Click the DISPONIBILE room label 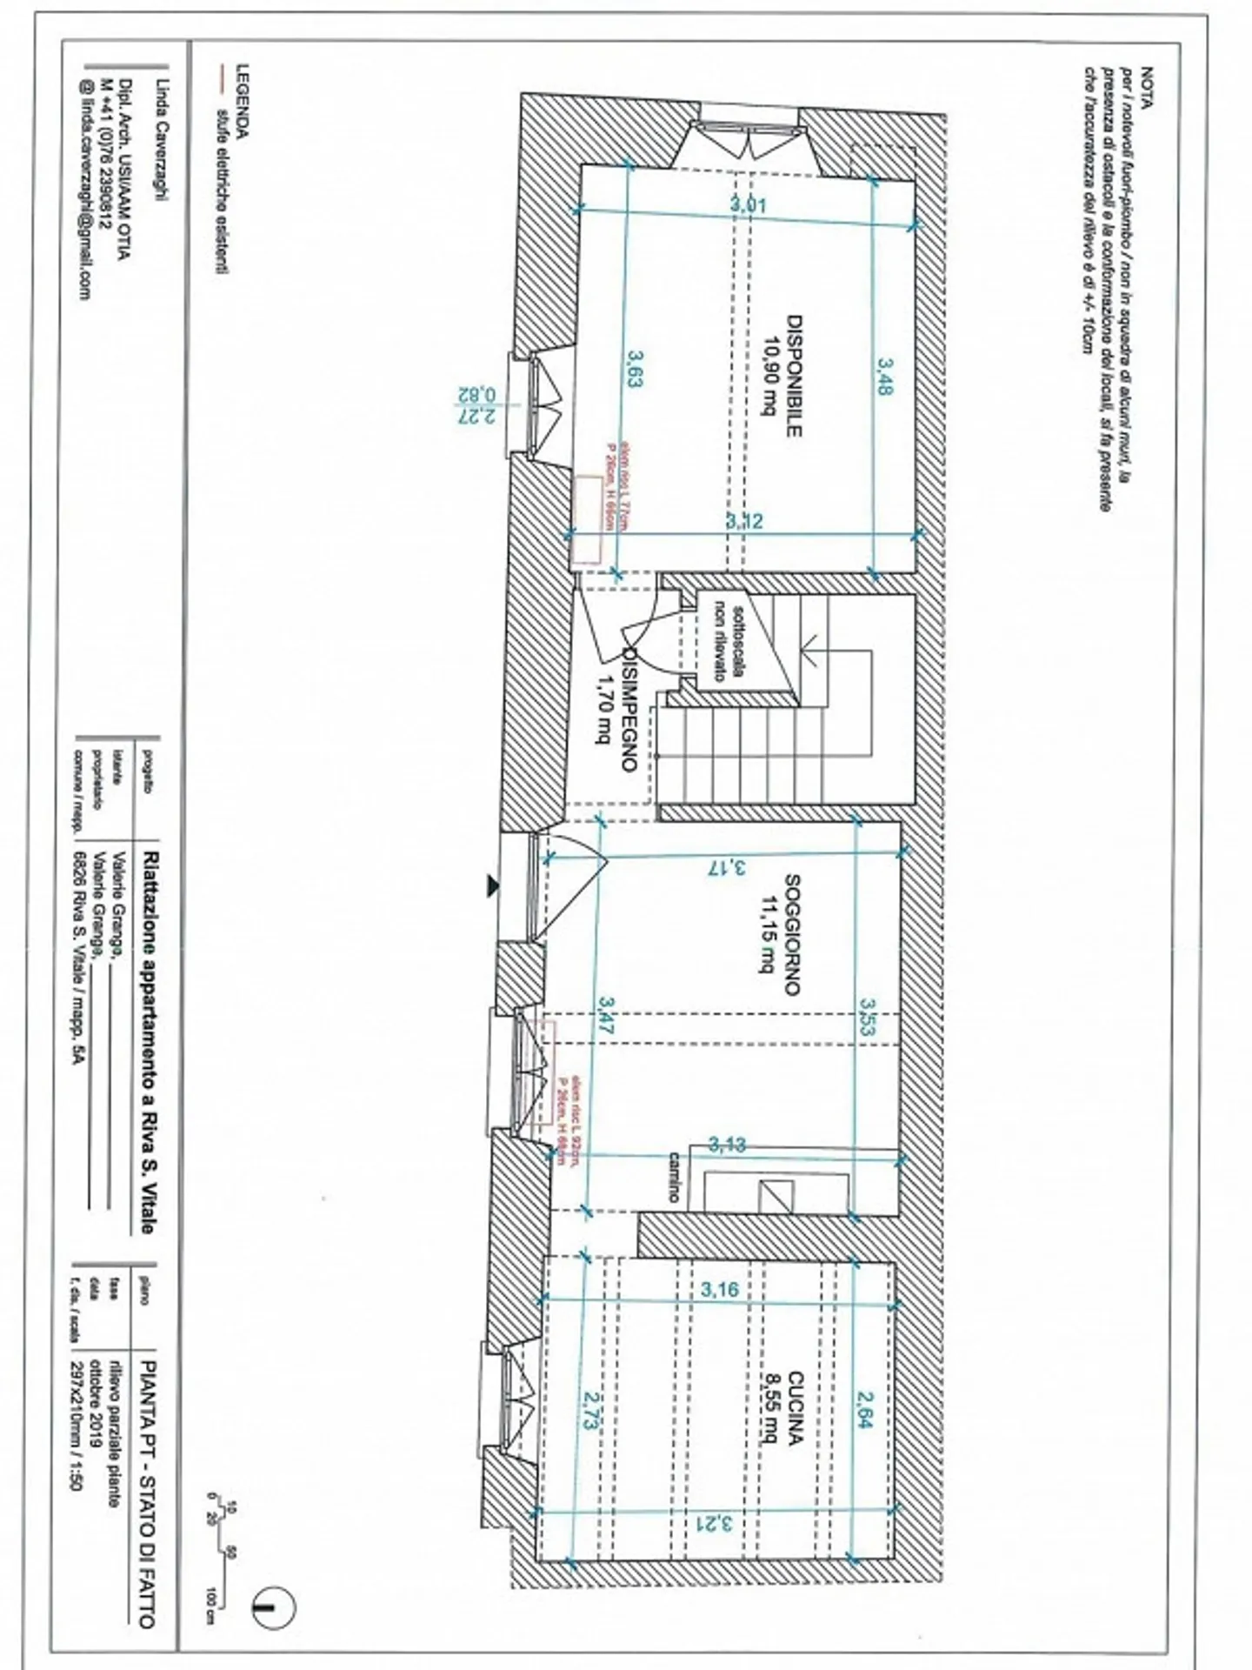tap(793, 375)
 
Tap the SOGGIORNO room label tap(792, 934)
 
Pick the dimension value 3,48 tap(884, 376)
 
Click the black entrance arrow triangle tap(493, 885)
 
